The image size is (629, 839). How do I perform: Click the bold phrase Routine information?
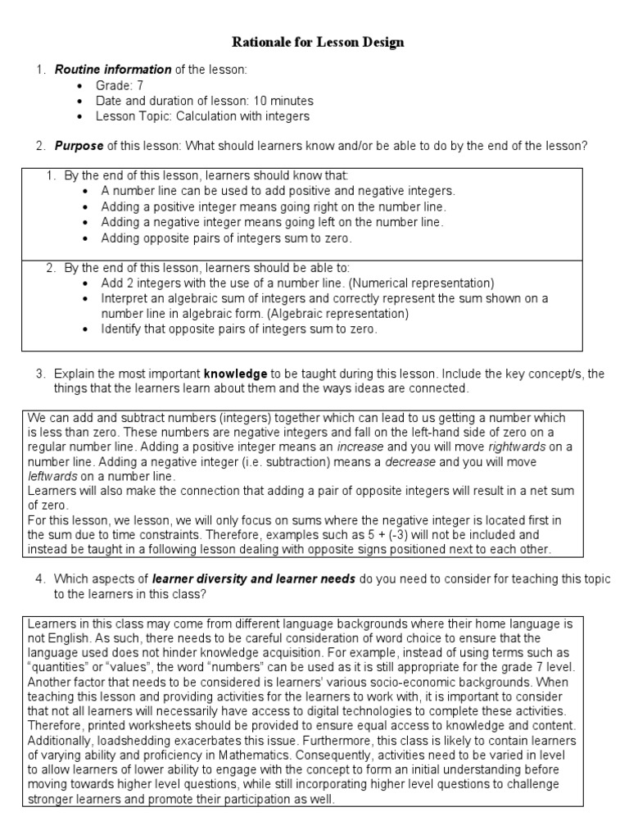tap(112, 70)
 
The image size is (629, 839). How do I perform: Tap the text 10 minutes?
tap(283, 101)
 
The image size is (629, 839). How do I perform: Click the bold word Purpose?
tap(79, 147)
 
